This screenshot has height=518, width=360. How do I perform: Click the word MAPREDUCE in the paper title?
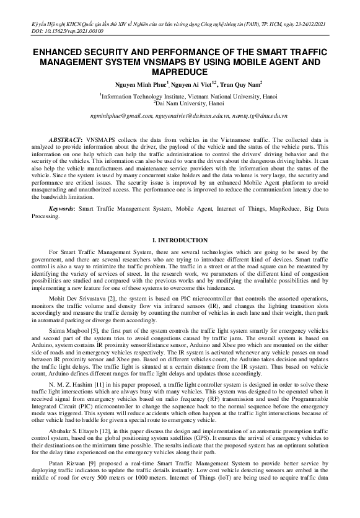(180, 71)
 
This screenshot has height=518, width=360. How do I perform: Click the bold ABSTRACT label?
(64, 141)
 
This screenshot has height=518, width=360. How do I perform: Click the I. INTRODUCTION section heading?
(180, 240)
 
